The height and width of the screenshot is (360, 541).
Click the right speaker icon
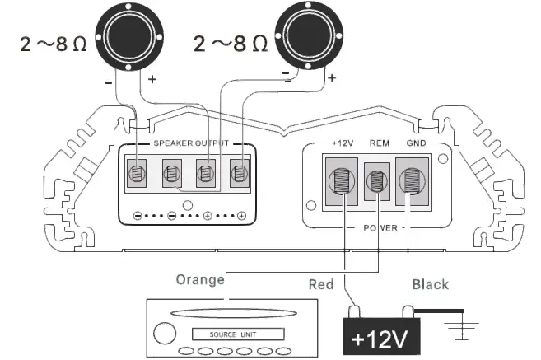pos(310,36)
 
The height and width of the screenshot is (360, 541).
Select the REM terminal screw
pos(377,182)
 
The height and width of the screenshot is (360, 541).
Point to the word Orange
pos(200,279)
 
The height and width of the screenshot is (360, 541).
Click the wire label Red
pos(320,284)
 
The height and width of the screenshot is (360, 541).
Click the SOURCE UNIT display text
pos(237,334)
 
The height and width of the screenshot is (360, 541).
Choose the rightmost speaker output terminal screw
pos(240,174)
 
